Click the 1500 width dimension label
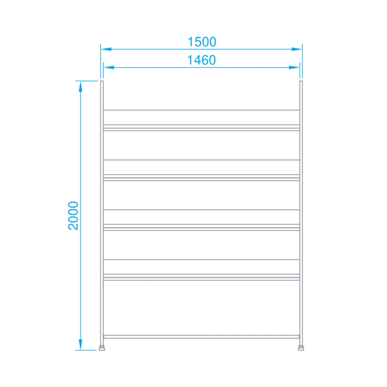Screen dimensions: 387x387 tap(202, 42)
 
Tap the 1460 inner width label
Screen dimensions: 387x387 tap(201, 60)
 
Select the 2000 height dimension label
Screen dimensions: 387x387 tap(73, 216)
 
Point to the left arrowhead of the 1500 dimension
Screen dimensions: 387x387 tap(106, 49)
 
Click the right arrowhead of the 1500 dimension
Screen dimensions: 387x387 tap(297, 49)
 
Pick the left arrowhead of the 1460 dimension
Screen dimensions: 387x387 tap(109, 68)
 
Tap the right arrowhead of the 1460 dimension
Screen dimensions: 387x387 tap(294, 68)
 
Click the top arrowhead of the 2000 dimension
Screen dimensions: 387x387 tap(80, 87)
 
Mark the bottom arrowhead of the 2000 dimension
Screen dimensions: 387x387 tap(80, 345)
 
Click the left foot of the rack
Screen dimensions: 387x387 tap(102, 348)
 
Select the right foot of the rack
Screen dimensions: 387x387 tap(301, 348)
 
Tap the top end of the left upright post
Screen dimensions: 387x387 tap(102, 81)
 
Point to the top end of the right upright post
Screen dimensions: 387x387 tap(301, 81)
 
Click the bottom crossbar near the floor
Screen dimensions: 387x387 tap(201, 336)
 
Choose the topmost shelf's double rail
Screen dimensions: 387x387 tap(201, 128)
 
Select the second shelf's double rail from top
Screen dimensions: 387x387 tap(201, 178)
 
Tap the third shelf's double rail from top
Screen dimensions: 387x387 tap(201, 228)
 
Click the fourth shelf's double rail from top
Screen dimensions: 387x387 tap(201, 278)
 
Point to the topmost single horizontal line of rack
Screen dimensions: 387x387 tap(201, 110)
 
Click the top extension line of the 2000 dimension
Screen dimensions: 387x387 tap(87, 81)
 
